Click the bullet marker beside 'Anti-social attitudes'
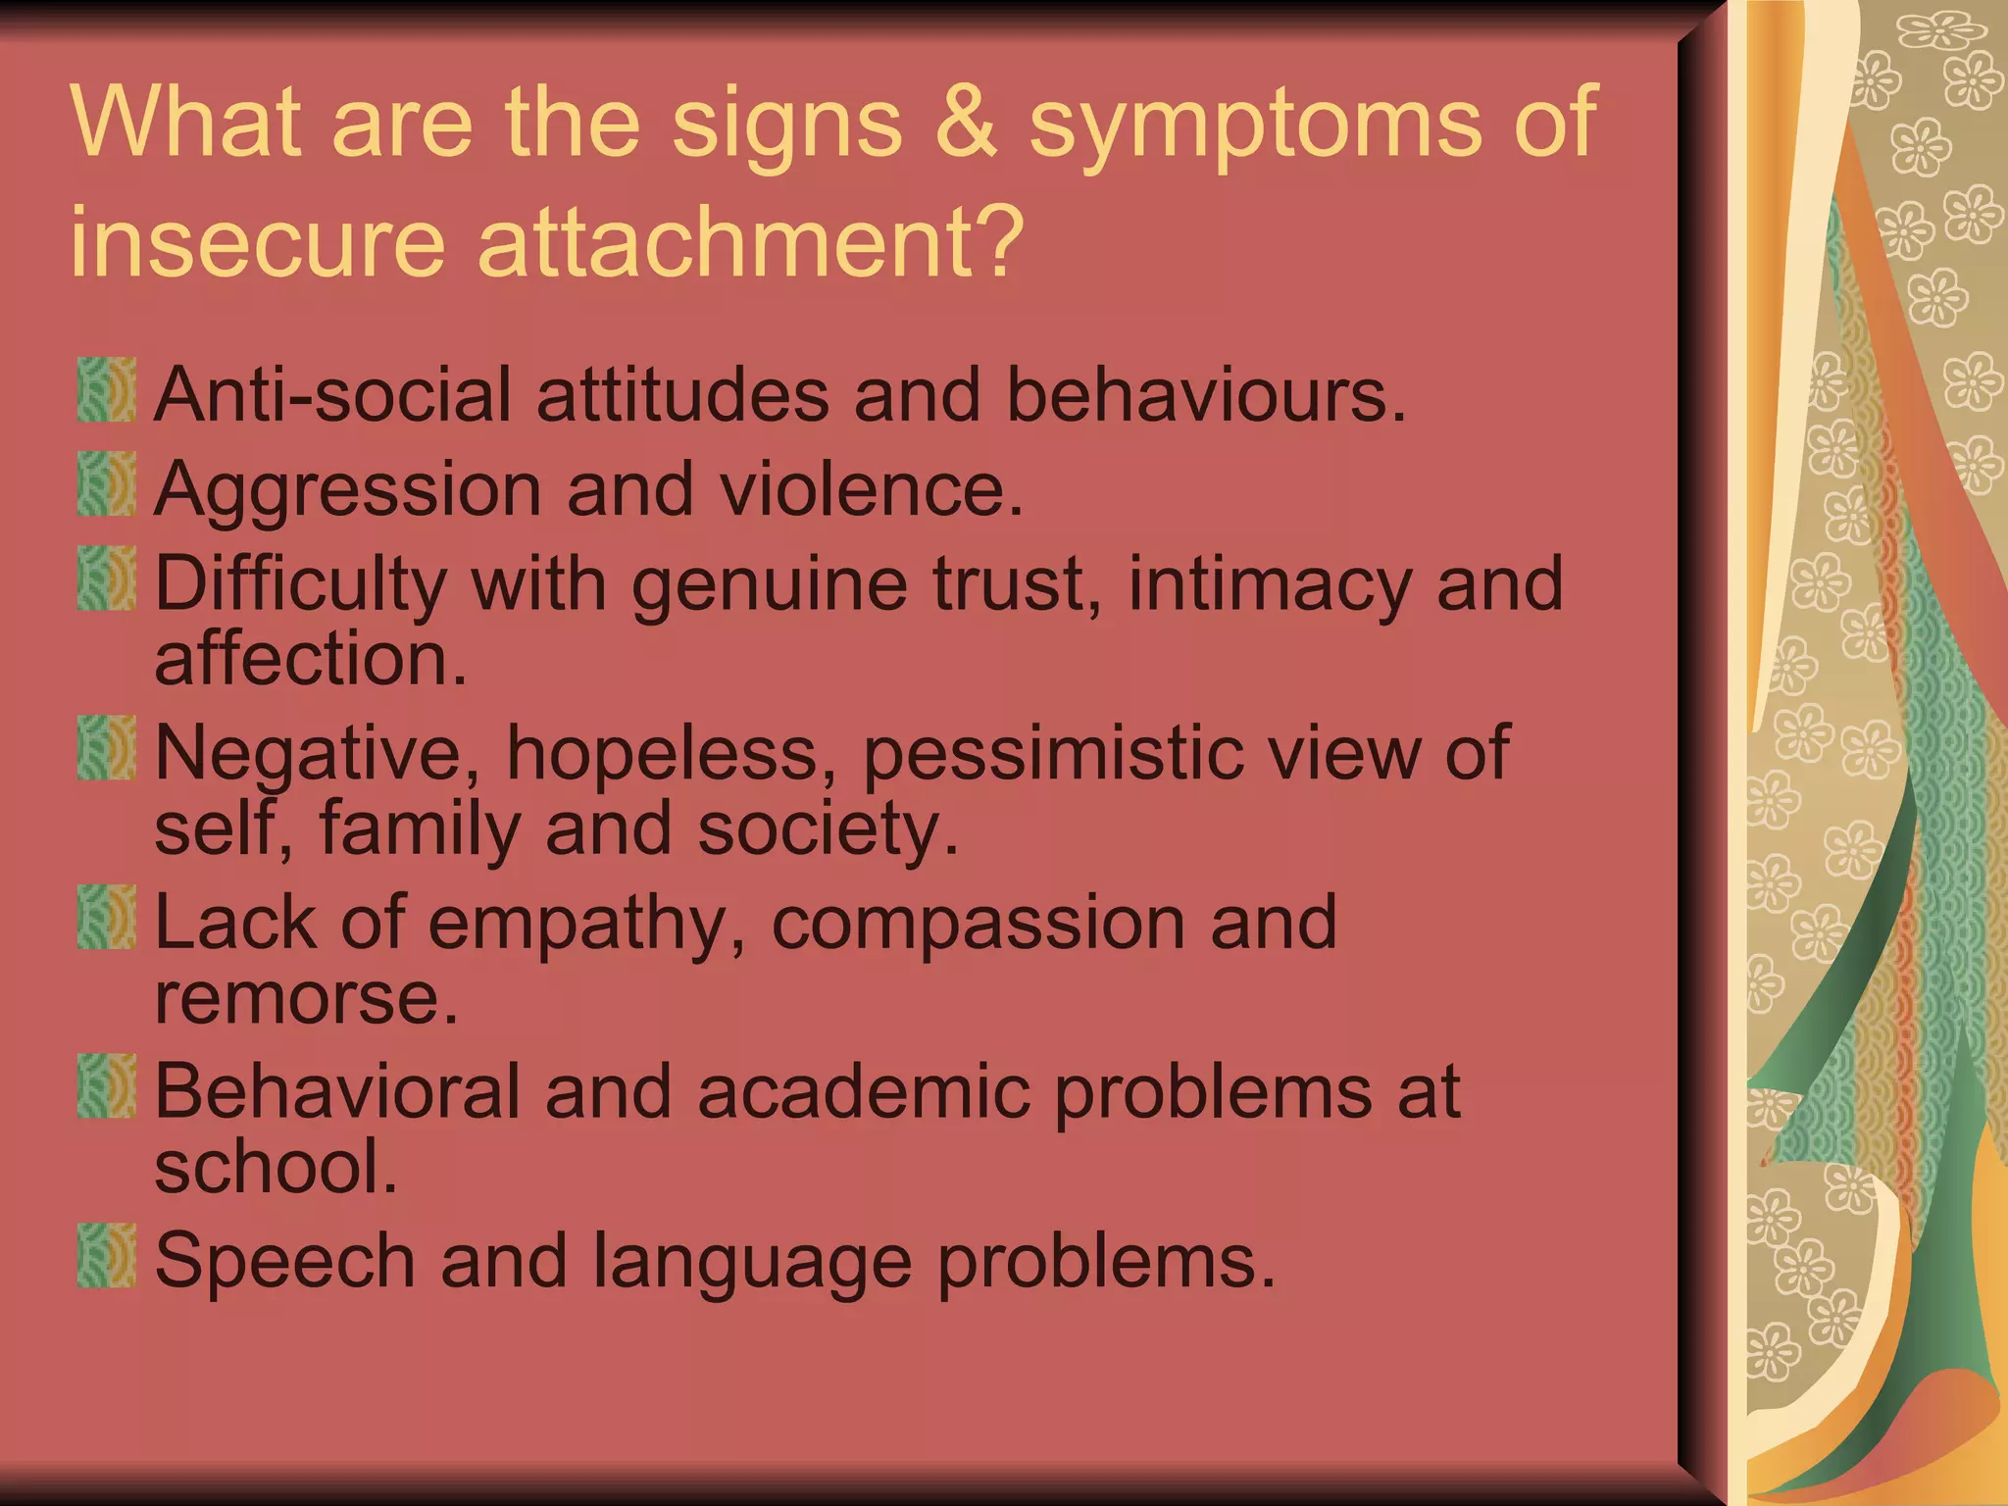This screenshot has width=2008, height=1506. (106, 390)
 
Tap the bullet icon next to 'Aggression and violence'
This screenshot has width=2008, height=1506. (106, 484)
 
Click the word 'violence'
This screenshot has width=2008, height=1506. (872, 488)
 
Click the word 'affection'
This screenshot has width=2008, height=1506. (310, 659)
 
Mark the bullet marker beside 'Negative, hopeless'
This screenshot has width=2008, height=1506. (106, 748)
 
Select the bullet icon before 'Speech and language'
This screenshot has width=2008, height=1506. (106, 1255)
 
